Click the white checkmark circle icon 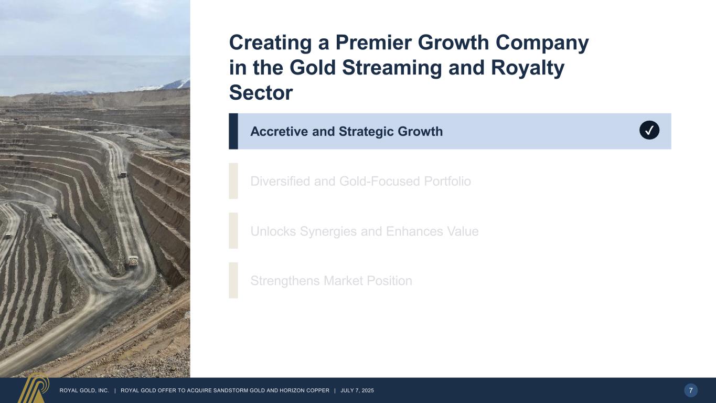(649, 130)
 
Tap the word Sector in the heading (261, 93)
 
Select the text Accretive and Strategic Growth (347, 132)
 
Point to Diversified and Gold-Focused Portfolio (360, 182)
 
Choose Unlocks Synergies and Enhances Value (365, 231)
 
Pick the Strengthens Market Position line (331, 281)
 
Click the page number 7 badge (691, 390)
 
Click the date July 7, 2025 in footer (357, 390)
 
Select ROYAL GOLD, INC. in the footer (84, 390)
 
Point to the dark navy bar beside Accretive (233, 131)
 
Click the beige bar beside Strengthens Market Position (233, 280)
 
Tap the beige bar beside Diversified (233, 181)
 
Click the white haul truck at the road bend (133, 261)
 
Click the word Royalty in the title (527, 68)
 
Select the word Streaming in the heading (392, 68)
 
